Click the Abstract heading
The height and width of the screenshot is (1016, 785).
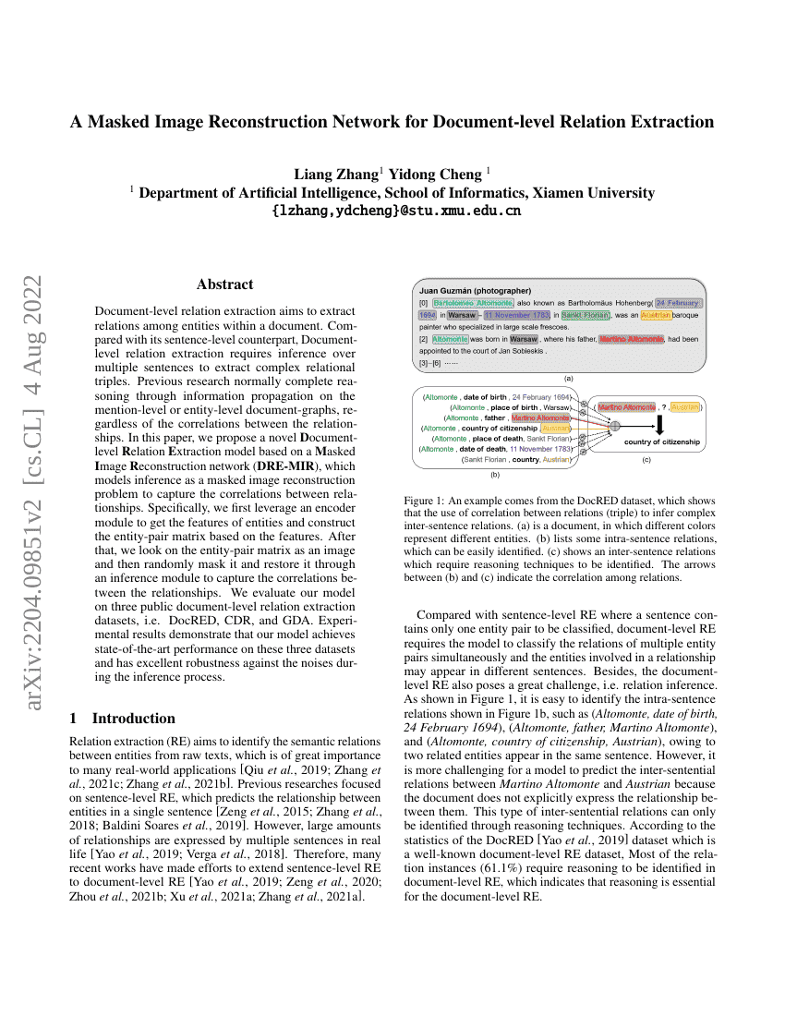224,284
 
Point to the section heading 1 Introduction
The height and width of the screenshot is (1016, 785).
123,718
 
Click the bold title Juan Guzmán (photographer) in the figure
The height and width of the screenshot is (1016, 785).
475,290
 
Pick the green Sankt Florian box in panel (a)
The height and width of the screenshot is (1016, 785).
586,315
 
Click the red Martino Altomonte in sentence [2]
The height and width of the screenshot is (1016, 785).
631,339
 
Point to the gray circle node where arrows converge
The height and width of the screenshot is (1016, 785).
614,424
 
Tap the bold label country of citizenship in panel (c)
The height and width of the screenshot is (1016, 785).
661,442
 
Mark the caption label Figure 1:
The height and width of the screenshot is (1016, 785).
425,499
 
